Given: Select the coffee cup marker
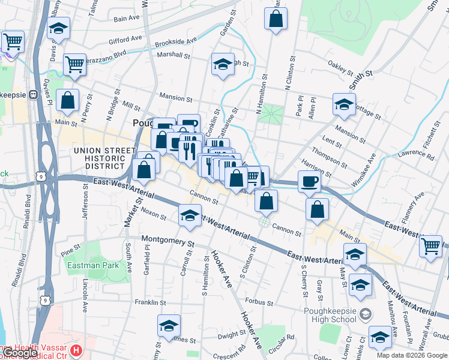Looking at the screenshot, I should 309,181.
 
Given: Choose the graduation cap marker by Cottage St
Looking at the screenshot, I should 344,104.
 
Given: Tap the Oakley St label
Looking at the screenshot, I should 340,68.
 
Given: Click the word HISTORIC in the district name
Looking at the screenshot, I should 102,158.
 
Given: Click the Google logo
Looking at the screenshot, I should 20,353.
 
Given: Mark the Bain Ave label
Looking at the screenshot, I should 127,19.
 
